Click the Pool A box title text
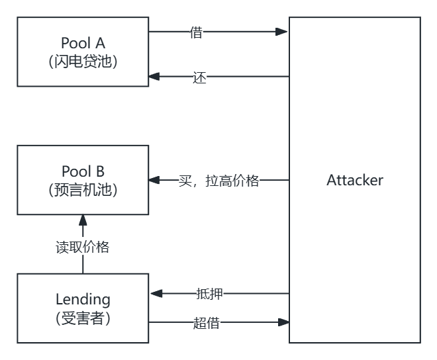coord(82,44)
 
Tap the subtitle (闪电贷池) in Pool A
coord(82,62)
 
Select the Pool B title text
coord(82,172)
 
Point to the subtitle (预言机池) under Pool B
coord(82,190)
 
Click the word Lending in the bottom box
coord(82,300)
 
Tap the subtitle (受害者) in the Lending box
coord(82,318)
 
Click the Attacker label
coord(354,180)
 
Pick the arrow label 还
coord(200,77)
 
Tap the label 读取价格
coord(82,247)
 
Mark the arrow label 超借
coord(206,323)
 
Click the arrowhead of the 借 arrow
coord(284,32)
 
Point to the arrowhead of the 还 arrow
coord(154,77)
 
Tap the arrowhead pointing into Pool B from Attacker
coord(154,180)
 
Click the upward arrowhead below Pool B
coord(82,219)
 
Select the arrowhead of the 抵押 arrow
coord(154,293)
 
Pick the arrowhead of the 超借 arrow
coord(284,323)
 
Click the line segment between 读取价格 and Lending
coord(82,265)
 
